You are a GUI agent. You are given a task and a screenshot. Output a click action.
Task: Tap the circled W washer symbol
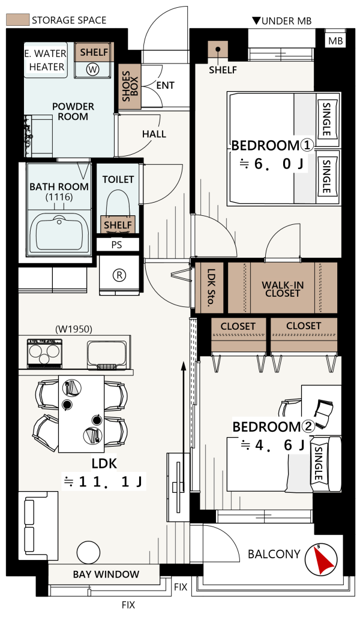(x=92, y=70)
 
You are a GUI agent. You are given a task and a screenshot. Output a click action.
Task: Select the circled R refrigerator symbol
(x=119, y=275)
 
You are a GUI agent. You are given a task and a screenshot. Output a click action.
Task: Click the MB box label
(x=335, y=41)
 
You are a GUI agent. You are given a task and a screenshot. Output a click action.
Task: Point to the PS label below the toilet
(x=116, y=245)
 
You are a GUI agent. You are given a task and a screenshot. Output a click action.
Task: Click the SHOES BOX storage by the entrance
(x=130, y=86)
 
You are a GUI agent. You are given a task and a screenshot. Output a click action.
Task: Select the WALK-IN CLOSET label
(x=283, y=289)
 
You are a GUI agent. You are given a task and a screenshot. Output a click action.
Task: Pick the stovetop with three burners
(x=44, y=353)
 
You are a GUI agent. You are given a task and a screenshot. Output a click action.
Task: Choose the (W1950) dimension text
(x=74, y=329)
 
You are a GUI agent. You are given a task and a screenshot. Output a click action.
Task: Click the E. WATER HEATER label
(x=45, y=60)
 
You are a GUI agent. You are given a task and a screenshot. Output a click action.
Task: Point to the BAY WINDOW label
(x=106, y=574)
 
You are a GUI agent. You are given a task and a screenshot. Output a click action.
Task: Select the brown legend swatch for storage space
(x=18, y=20)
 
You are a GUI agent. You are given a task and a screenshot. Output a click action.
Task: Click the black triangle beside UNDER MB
(x=256, y=20)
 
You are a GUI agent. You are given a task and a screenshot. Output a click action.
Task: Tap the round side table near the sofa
(x=88, y=552)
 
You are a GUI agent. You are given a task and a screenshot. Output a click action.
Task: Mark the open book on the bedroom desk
(x=324, y=413)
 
